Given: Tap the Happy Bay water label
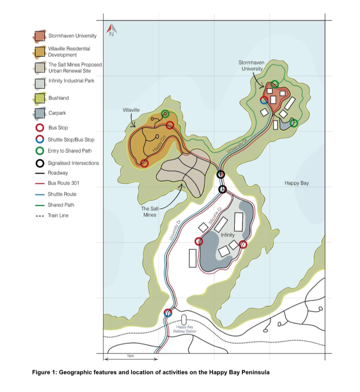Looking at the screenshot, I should (296, 183).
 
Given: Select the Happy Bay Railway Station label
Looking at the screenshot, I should (184, 329).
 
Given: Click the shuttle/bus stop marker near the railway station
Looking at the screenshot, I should (168, 313).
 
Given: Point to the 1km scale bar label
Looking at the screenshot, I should (130, 356).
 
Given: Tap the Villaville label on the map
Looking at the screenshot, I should (131, 110).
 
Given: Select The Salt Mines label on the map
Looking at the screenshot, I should (149, 212).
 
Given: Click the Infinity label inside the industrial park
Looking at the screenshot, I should (228, 235).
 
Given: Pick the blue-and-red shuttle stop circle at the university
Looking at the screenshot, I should (264, 100).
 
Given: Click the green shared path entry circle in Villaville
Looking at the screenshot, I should (165, 114).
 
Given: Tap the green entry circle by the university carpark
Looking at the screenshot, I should (294, 123).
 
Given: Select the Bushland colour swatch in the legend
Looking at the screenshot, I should (40, 98).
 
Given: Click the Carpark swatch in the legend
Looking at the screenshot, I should (40, 113).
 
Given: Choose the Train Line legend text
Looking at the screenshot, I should (58, 216).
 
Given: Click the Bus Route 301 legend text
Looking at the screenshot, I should (64, 183).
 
